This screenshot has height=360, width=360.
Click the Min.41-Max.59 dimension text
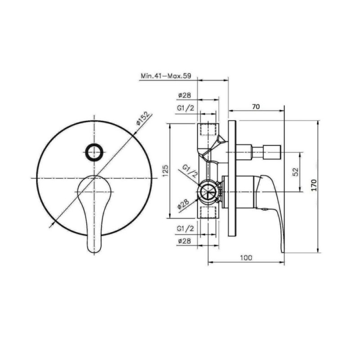pos(166,76)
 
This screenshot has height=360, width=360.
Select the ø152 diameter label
pos(143,118)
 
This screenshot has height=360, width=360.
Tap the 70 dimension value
pos(256,107)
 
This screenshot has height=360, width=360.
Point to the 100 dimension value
pos(246,258)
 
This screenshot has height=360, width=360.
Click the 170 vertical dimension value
pos(314,185)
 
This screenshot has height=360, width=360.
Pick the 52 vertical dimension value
pos(296,172)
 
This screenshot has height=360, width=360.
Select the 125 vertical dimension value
pos(166,171)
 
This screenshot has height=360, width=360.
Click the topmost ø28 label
pos(184,95)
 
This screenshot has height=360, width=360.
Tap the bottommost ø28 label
pos(184,241)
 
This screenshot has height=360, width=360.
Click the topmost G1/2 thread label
pos(185,108)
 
